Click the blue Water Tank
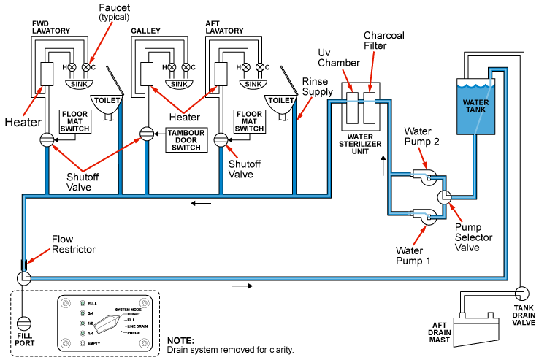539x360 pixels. tap(475, 106)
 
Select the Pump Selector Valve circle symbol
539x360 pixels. tap(444, 197)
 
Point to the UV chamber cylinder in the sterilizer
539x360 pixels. tap(352, 107)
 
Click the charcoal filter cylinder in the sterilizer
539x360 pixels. tap(369, 107)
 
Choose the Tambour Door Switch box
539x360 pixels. tap(186, 140)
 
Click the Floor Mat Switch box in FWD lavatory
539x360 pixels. tap(75, 121)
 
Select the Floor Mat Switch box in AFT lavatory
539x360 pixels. tap(249, 121)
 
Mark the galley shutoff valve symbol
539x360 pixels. tap(147, 134)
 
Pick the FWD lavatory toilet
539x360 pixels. tap(107, 104)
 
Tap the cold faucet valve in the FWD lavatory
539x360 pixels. tap(86, 67)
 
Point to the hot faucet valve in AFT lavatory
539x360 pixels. tap(246, 67)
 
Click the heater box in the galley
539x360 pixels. tap(147, 74)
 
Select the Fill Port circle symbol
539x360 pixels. tap(23, 323)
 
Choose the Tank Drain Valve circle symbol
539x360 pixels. tap(521, 294)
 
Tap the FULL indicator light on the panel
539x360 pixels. tap(83, 303)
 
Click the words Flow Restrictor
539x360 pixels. tap(74, 244)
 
